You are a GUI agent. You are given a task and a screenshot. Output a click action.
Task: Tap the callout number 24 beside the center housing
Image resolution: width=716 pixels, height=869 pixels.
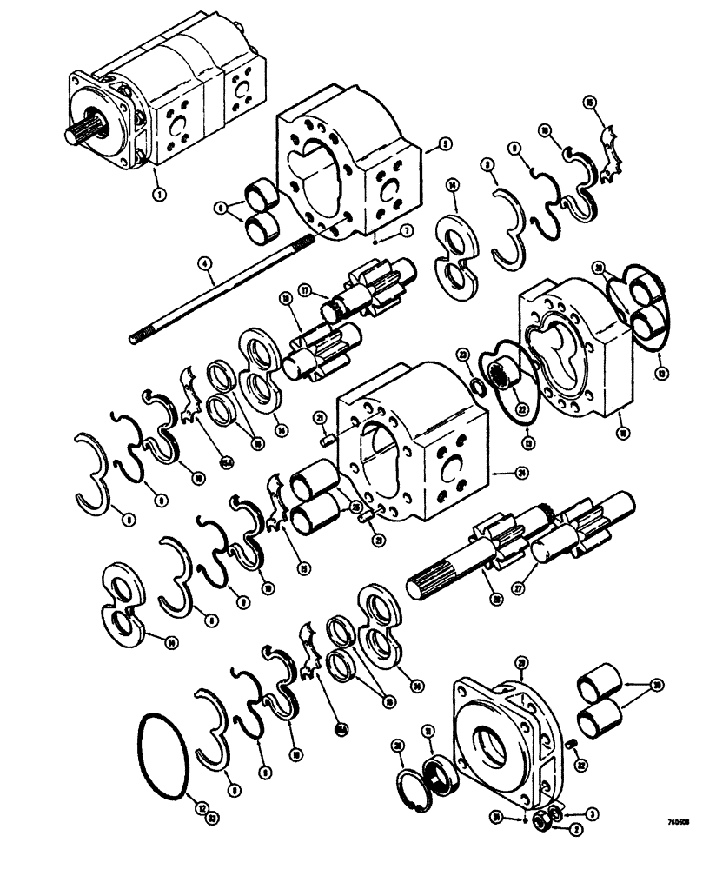[496, 474]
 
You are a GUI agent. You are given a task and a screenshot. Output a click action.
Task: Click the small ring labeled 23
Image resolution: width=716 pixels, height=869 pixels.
[476, 385]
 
